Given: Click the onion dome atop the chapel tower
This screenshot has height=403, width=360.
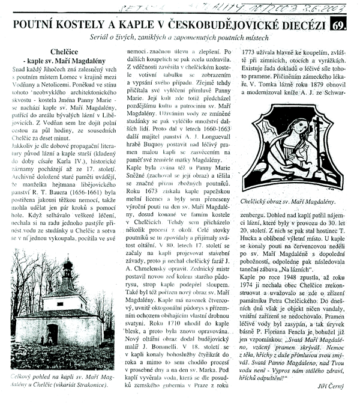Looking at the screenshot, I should (x=68, y=265).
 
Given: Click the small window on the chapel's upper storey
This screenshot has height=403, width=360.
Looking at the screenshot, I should (x=67, y=300).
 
